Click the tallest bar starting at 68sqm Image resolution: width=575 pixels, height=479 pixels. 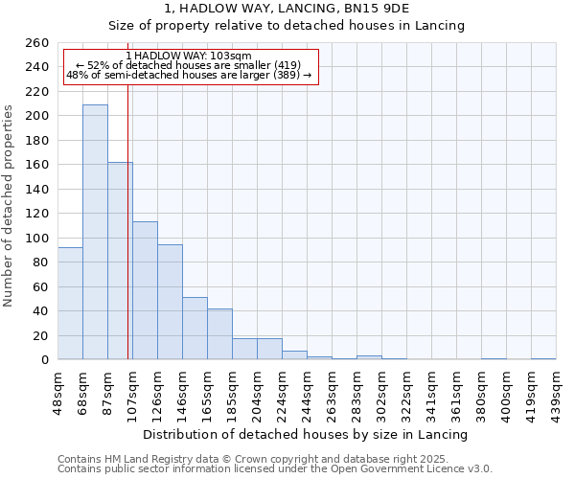95,232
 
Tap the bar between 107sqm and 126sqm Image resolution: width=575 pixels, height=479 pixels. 145,290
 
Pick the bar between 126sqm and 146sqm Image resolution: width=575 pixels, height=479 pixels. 170,302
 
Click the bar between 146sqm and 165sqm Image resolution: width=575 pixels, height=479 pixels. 195,329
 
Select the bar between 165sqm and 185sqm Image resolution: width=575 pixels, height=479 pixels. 219,334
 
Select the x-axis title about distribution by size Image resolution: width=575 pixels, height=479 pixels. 306,434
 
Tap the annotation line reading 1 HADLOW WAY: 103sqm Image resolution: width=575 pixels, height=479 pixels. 189,57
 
